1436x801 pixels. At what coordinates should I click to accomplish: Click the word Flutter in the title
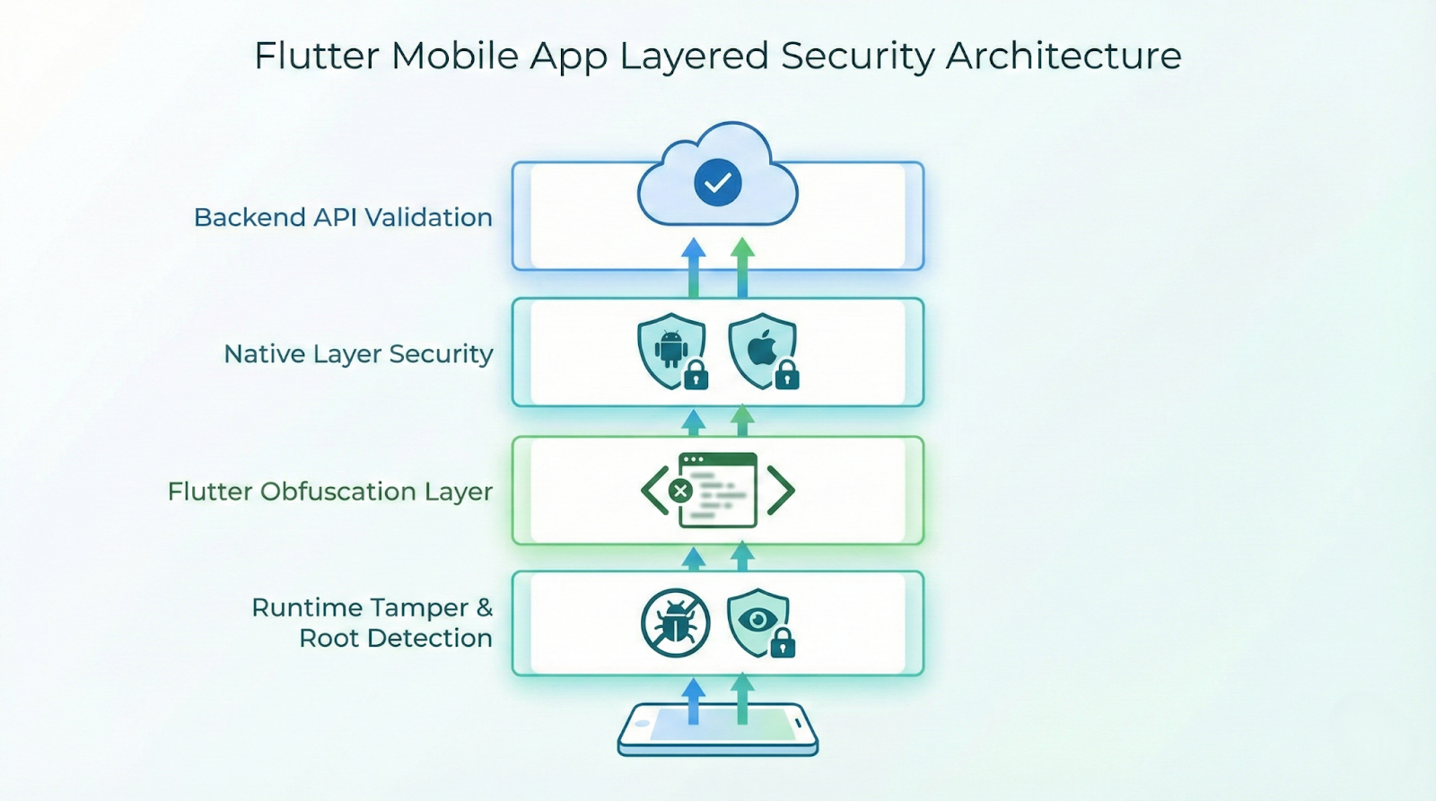click(x=317, y=56)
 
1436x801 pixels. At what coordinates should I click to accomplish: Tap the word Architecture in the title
click(x=1064, y=56)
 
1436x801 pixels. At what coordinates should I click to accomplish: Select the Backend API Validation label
click(x=343, y=217)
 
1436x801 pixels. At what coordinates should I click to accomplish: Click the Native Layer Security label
click(x=358, y=353)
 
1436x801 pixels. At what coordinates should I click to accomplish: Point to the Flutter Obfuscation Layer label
click(x=329, y=492)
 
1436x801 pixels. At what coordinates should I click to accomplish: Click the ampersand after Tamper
click(x=485, y=607)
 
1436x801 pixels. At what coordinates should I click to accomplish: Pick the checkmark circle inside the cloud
click(x=718, y=182)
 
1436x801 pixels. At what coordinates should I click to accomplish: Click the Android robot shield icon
click(x=670, y=348)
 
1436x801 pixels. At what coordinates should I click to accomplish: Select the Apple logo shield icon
click(x=761, y=348)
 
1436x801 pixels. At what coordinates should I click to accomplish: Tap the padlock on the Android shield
click(x=696, y=377)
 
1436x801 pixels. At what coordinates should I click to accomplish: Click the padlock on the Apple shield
click(x=787, y=377)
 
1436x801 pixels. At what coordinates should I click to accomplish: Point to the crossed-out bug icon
click(x=676, y=623)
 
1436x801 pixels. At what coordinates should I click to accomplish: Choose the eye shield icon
click(x=757, y=620)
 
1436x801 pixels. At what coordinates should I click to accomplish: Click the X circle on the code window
click(x=681, y=491)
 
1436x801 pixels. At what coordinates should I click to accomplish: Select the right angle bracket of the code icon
click(x=781, y=491)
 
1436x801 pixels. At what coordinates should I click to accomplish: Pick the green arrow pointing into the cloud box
click(x=742, y=266)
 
